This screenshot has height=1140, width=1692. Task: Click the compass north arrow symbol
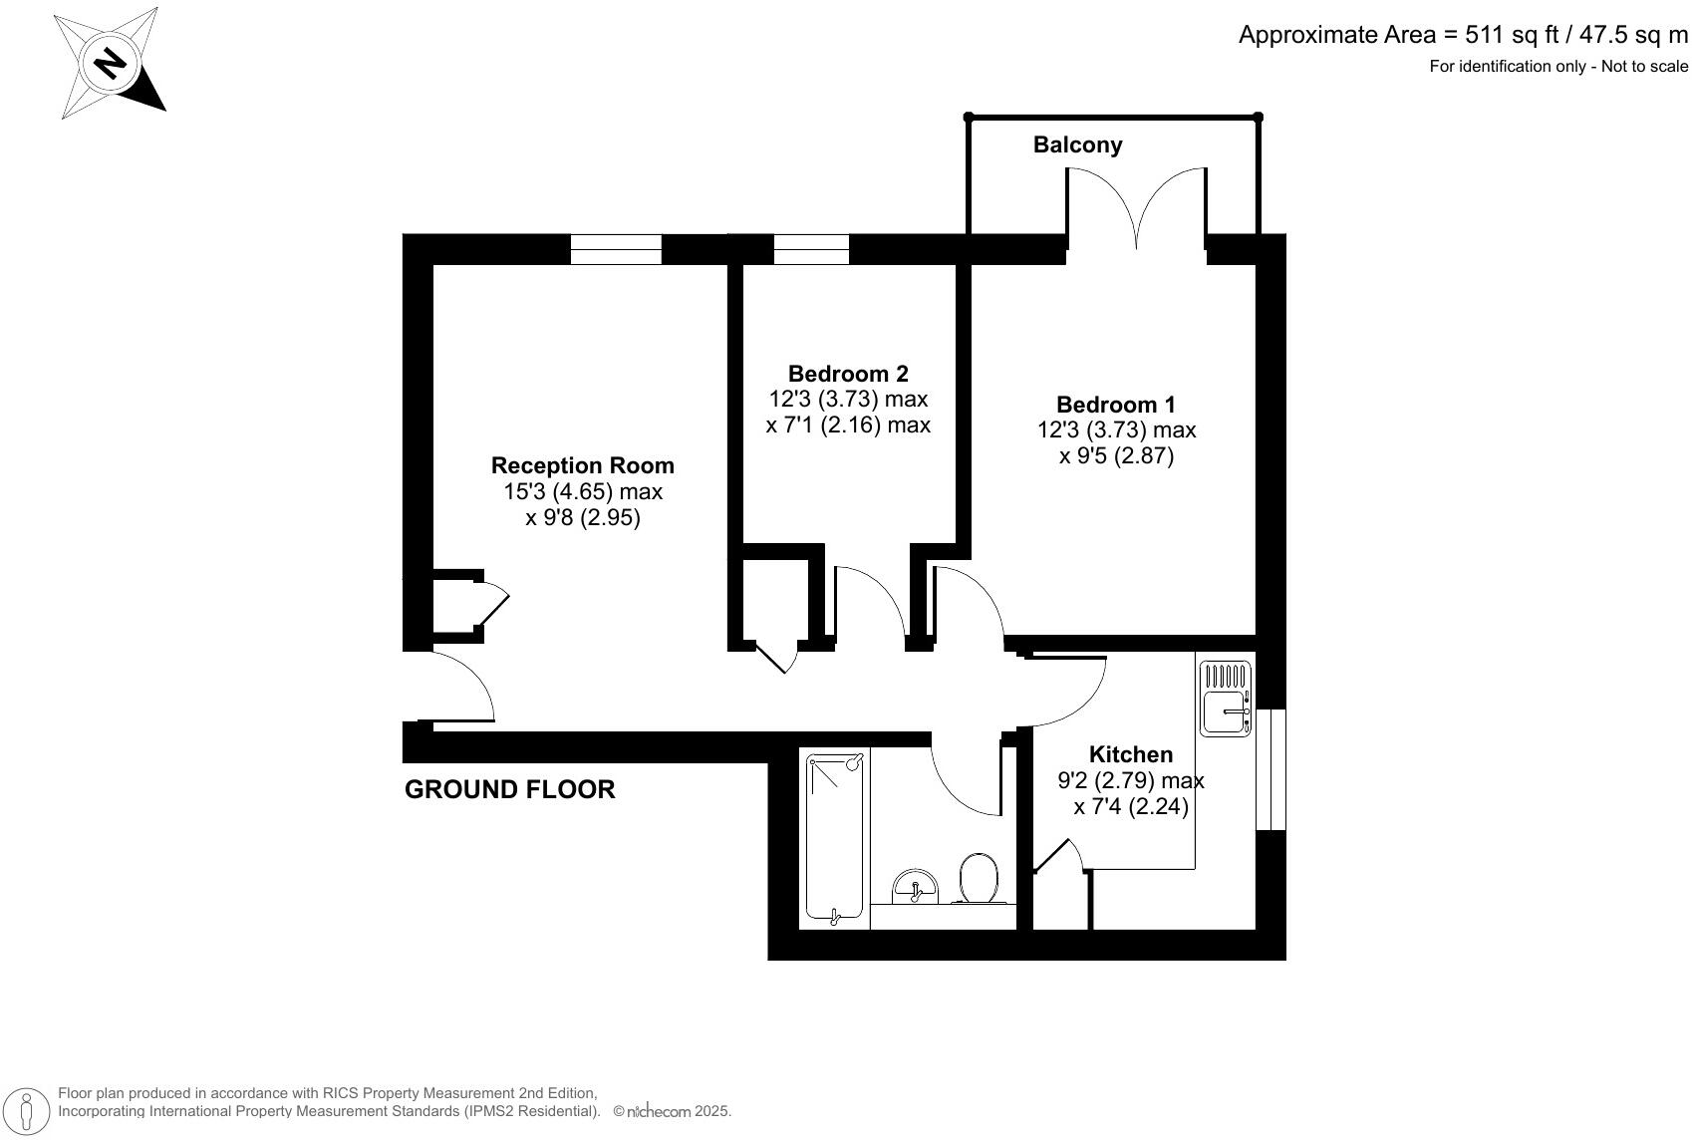coord(109,63)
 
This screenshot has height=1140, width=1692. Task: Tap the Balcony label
coord(1077,145)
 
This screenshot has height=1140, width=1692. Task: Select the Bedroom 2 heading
coord(848,374)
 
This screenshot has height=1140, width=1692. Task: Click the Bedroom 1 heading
coord(1116,405)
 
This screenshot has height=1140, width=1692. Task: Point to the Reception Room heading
coord(583,465)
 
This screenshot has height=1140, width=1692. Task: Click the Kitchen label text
coord(1131,754)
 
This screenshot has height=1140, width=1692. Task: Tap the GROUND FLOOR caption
coord(509,789)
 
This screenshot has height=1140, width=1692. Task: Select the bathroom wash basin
coord(915,885)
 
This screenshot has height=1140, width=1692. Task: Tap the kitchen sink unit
coord(1226,699)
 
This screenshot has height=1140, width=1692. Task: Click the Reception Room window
coord(616,249)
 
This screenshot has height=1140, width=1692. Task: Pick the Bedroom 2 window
coord(811,249)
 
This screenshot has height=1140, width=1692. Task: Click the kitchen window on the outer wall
coord(1270,768)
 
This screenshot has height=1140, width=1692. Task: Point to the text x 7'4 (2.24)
coord(1131,806)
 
